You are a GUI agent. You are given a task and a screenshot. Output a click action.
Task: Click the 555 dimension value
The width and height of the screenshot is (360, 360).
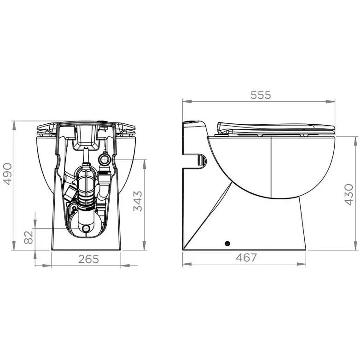[x=261, y=95]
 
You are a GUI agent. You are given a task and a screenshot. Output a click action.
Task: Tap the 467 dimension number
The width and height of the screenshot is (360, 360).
[x=246, y=257]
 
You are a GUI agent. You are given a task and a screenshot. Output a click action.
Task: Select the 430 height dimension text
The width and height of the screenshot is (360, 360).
[x=349, y=194]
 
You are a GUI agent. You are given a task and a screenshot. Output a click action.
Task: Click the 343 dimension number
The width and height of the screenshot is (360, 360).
[x=138, y=201]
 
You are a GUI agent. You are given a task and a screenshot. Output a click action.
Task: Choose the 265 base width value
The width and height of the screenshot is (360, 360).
[x=88, y=259]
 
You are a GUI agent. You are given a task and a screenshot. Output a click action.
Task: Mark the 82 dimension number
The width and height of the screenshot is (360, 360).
[x=29, y=237]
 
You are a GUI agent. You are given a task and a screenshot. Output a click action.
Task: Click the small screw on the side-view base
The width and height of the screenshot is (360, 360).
[x=227, y=244]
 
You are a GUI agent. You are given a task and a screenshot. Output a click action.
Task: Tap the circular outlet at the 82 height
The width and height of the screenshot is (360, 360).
[x=87, y=228]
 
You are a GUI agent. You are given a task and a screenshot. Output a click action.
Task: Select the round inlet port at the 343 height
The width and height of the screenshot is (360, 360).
[x=105, y=159]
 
